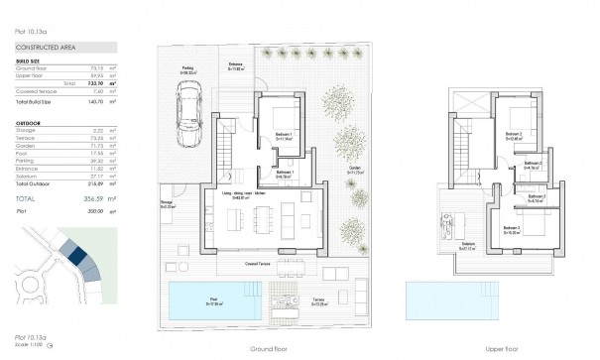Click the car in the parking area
(x=188, y=107)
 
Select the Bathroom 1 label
(x=286, y=173)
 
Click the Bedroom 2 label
(x=513, y=135)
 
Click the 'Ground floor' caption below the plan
(x=270, y=349)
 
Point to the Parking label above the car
(x=184, y=70)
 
